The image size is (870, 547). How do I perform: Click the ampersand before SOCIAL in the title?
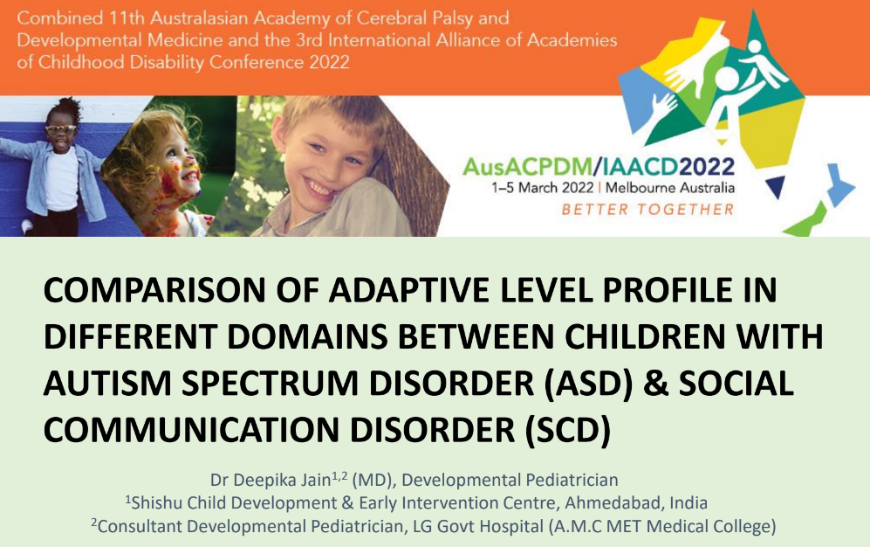(656, 384)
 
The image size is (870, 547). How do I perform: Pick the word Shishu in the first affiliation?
(156, 503)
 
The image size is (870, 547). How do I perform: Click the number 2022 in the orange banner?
(329, 62)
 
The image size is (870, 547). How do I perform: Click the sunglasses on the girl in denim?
(60, 129)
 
